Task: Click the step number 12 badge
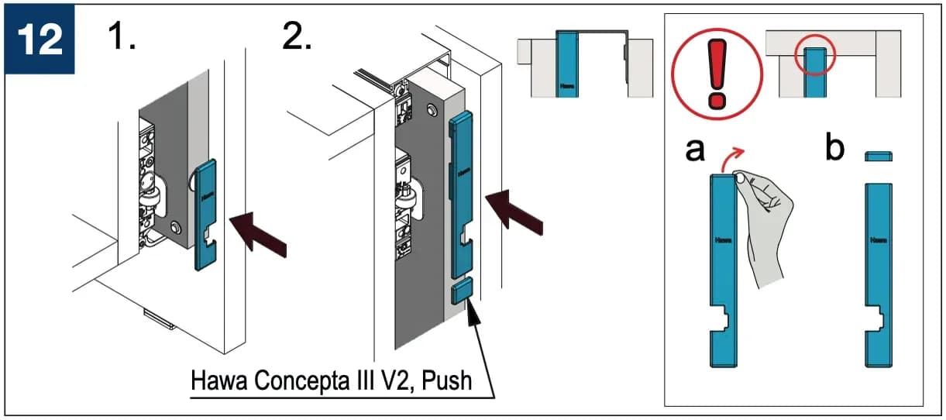tap(40, 39)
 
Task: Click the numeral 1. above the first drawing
tap(122, 36)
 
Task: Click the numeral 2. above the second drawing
tap(297, 36)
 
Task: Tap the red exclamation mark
tap(717, 74)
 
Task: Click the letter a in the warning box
tap(695, 150)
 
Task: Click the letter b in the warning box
tap(835, 146)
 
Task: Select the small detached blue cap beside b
tap(879, 157)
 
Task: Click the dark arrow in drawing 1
tap(258, 234)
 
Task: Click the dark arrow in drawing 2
tap(514, 212)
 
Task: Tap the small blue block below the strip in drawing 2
tap(462, 291)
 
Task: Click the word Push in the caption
tap(447, 380)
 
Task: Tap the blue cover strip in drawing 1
tap(205, 215)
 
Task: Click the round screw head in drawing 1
tap(175, 227)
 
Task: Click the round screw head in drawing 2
tap(432, 110)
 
